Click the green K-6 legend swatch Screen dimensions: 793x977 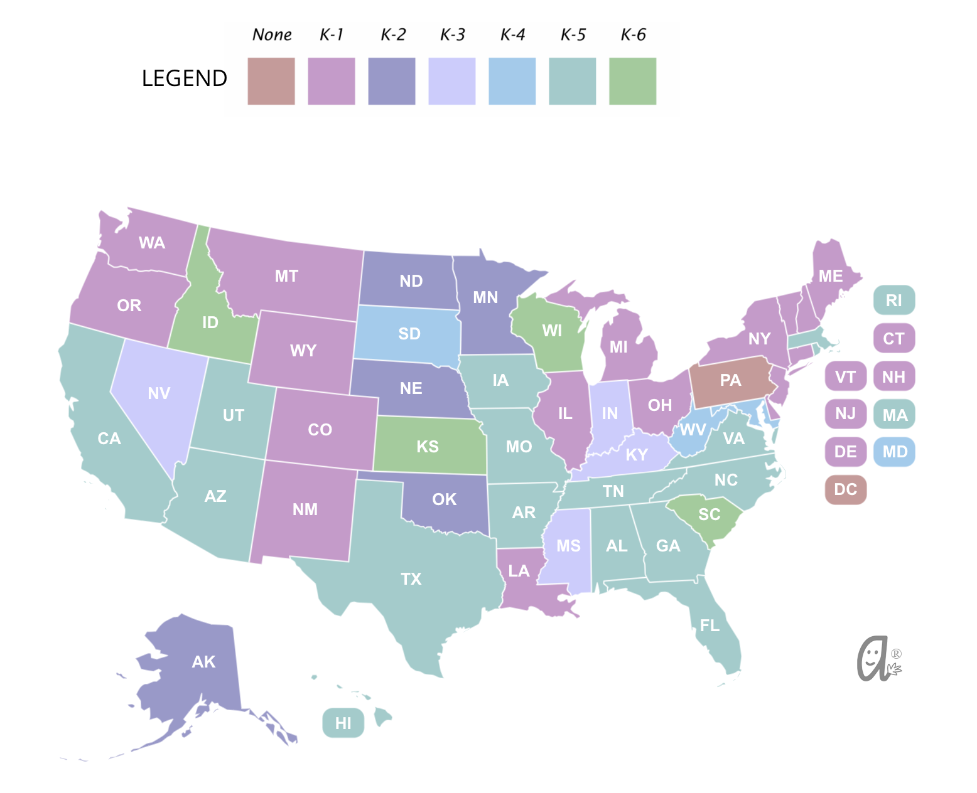coord(632,81)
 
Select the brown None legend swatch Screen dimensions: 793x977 coord(271,81)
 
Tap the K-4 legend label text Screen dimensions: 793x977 coord(512,35)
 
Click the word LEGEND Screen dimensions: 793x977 coord(184,78)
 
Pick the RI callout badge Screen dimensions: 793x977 coord(893,301)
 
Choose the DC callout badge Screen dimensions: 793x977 coord(845,489)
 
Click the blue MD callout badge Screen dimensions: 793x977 coord(894,452)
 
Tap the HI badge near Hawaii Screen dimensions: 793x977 coord(343,723)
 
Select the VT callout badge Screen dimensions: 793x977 coord(845,377)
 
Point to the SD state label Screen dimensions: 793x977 coord(409,334)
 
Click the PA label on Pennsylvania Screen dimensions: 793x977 coord(730,380)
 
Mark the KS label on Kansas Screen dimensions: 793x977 coord(428,447)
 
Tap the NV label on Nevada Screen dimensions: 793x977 coord(159,393)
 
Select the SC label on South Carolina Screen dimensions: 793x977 coord(709,514)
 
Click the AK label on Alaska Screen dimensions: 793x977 coord(203,662)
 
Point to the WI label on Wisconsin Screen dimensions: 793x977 coord(552,331)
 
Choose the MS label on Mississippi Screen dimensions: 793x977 coord(568,546)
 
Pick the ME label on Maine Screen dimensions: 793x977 coord(830,276)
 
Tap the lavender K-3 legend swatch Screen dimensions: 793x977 coord(451,81)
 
